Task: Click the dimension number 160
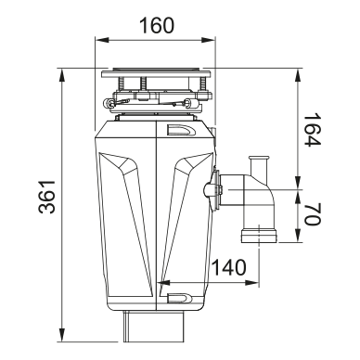(157, 25)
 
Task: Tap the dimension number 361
(47, 197)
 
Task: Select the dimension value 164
(313, 130)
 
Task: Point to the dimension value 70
(313, 213)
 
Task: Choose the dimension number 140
(229, 267)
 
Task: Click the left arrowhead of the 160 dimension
(102, 40)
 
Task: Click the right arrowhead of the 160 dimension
(207, 40)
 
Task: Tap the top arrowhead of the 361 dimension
(62, 76)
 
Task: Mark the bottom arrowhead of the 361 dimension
(62, 335)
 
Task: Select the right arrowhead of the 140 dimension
(251, 283)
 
